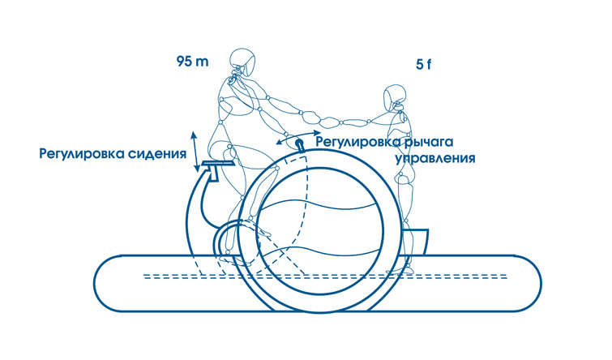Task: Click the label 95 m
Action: pos(192,62)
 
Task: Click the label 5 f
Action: pos(423,64)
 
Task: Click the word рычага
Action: pos(428,141)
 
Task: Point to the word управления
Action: pos(435,158)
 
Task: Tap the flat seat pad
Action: pos(219,163)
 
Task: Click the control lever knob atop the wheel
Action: pos(300,144)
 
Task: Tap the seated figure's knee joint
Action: pos(276,169)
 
